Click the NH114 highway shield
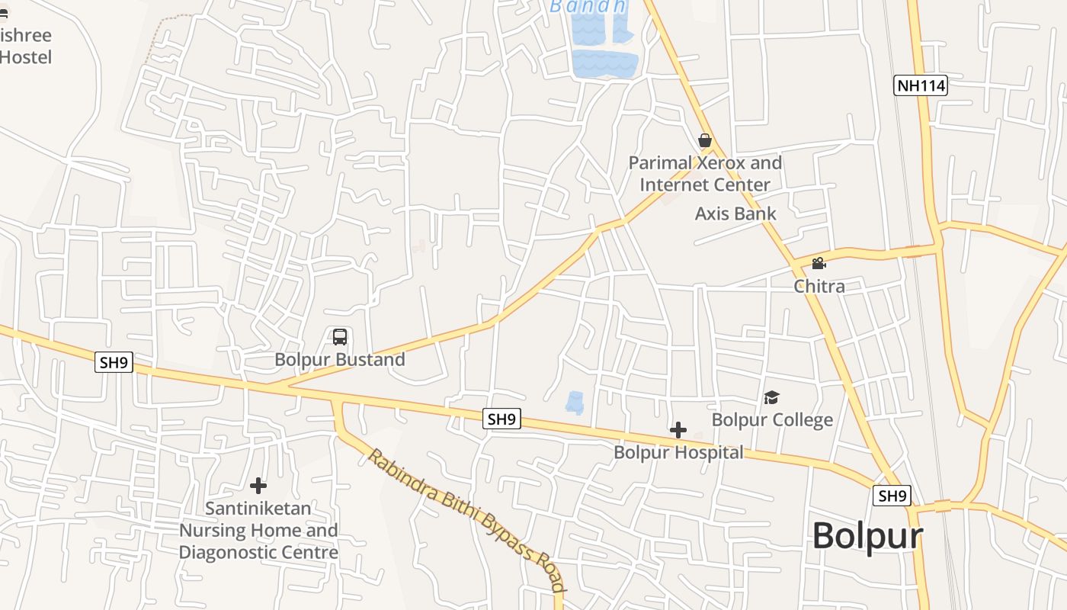point(921,85)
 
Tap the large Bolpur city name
point(867,535)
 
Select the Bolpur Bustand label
point(340,359)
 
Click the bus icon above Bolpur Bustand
point(340,336)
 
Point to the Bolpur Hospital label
point(678,452)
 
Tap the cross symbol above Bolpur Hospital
point(678,430)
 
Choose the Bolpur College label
point(772,420)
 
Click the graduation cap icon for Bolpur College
point(772,397)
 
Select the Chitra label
point(819,286)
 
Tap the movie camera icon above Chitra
point(819,264)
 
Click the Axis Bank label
point(735,213)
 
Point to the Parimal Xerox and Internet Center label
point(705,174)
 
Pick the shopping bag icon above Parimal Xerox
point(705,140)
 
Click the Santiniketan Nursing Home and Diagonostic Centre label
point(258,530)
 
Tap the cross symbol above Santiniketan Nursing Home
point(258,485)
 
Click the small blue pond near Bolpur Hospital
point(575,402)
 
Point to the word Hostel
point(26,57)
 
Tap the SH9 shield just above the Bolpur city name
point(892,496)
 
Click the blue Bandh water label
point(588,7)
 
